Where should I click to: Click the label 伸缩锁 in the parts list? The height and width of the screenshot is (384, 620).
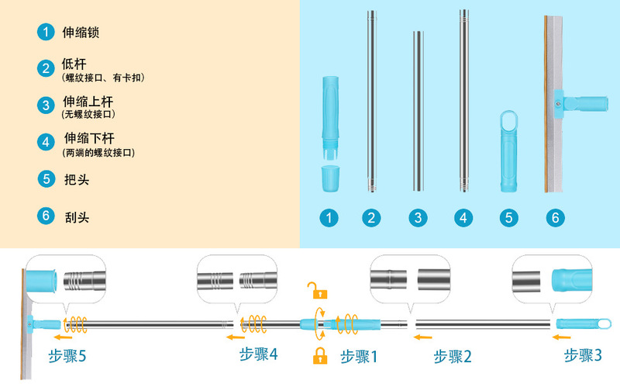point(81,33)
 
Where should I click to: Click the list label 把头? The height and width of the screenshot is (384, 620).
point(76,178)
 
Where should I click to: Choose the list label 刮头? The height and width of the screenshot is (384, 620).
point(76,218)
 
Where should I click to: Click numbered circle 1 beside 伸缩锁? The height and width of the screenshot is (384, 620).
point(46,33)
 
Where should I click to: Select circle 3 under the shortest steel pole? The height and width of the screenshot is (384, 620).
point(418,218)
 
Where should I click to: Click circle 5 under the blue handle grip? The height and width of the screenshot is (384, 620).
point(509,218)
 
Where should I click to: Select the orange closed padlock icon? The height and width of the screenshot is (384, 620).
point(318,356)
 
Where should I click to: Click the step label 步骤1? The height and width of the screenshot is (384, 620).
point(359,357)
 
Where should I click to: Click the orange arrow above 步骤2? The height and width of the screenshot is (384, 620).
point(422,337)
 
